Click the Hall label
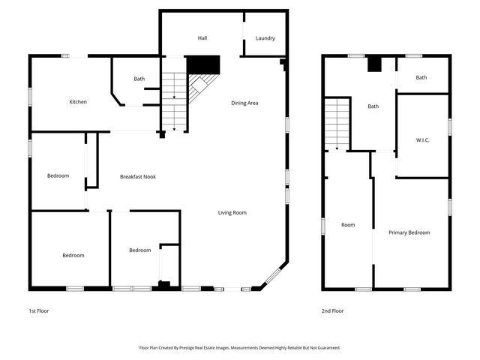pyautogui.click(x=202, y=38)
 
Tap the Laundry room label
pyautogui.click(x=265, y=38)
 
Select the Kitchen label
pyautogui.click(x=79, y=102)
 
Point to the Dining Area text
pyautogui.click(x=244, y=103)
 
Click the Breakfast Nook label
pyautogui.click(x=138, y=176)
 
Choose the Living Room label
pyautogui.click(x=232, y=212)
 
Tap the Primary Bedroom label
pyautogui.click(x=409, y=232)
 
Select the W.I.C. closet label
pyautogui.click(x=421, y=139)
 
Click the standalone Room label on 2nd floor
pyautogui.click(x=348, y=225)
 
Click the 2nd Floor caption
pyautogui.click(x=331, y=310)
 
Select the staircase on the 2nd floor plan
pyautogui.click(x=337, y=123)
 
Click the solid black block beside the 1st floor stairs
pyautogui.click(x=202, y=65)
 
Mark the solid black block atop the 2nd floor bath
pyautogui.click(x=373, y=65)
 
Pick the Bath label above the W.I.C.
pyautogui.click(x=421, y=78)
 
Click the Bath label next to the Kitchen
pyautogui.click(x=139, y=79)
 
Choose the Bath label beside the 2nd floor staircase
pyautogui.click(x=373, y=106)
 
